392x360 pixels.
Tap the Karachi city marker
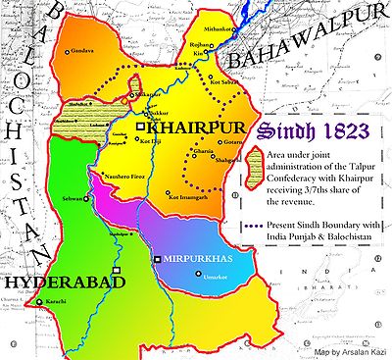coord(38,302)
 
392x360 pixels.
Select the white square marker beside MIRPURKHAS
coord(155,259)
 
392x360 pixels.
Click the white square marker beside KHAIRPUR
coord(141,128)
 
